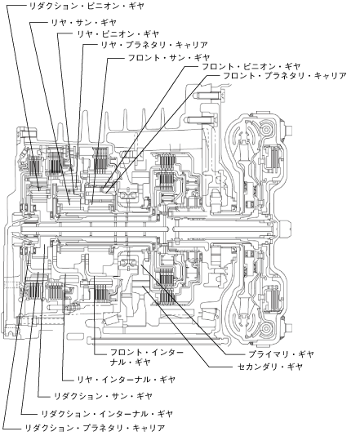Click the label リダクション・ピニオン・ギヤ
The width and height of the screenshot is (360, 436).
[87, 7]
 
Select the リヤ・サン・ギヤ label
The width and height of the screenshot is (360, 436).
[83, 23]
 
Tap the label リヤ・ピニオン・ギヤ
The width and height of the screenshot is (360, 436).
[118, 34]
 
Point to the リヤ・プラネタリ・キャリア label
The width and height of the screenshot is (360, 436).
[154, 45]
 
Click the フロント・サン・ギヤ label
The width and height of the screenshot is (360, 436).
[168, 58]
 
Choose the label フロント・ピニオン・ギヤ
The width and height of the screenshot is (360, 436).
[251, 67]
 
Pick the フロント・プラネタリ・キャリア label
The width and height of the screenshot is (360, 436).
[285, 76]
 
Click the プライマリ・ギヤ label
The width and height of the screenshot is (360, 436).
[281, 354]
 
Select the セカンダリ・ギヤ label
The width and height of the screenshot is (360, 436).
[269, 367]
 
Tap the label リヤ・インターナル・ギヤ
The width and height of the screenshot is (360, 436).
[126, 380]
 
